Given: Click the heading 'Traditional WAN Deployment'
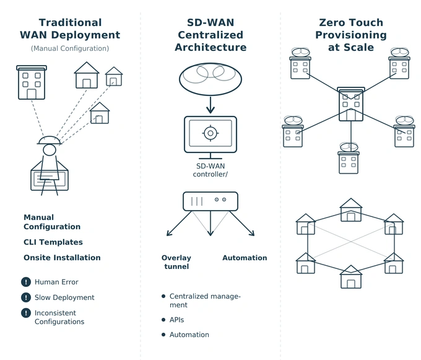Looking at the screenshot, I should click(x=70, y=29).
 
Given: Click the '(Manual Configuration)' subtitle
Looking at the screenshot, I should click(x=70, y=48).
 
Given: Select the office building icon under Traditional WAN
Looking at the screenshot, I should click(x=32, y=83).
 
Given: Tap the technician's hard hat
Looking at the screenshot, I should click(x=49, y=140).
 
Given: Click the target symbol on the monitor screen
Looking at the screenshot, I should click(x=210, y=133).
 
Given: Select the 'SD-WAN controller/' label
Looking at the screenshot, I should click(x=210, y=171).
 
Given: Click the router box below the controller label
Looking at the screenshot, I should click(x=210, y=200).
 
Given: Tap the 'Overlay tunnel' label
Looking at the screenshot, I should click(x=176, y=262).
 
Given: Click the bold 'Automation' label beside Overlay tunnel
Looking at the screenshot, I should click(x=245, y=258).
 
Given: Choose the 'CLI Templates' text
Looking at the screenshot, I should click(x=53, y=242).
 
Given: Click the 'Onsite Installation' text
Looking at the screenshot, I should click(x=62, y=258).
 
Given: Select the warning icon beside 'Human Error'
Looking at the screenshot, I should click(x=26, y=282).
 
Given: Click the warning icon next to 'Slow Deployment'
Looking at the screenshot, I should click(x=26, y=297).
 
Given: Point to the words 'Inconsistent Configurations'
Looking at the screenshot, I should click(x=59, y=317).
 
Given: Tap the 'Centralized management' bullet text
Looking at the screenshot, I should click(x=204, y=301).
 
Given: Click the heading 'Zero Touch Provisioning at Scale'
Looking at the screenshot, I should click(x=350, y=35).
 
